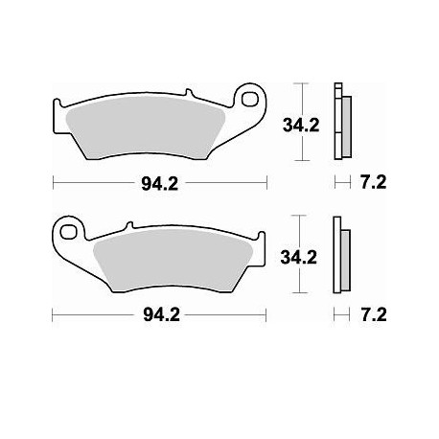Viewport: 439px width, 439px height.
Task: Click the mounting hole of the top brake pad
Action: pyautogui.click(x=252, y=97)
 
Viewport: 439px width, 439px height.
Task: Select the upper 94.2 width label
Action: pyautogui.click(x=159, y=181)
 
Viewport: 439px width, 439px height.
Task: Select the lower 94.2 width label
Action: pyautogui.click(x=159, y=313)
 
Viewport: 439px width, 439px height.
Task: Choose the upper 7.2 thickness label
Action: pyautogui.click(x=375, y=181)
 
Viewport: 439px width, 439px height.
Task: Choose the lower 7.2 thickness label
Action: pyautogui.click(x=375, y=313)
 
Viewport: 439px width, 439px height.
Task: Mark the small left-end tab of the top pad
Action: pyautogui.click(x=57, y=104)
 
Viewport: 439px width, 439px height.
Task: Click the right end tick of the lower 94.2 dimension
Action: pyautogui.click(x=269, y=313)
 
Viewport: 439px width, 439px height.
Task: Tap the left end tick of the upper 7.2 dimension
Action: pyautogui.click(x=333, y=181)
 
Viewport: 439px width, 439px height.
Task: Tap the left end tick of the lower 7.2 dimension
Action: pyautogui.click(x=333, y=313)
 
